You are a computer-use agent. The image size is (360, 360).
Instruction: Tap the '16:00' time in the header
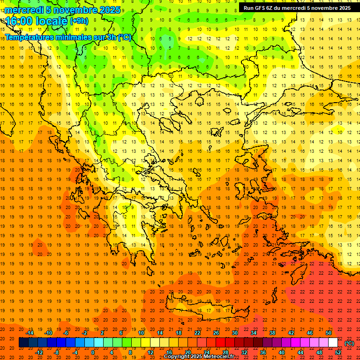point(18,21)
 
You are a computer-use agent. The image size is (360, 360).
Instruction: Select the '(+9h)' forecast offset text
point(78,21)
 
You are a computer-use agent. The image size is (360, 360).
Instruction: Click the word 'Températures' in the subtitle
point(31,37)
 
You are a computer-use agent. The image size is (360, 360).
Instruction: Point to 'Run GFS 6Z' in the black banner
point(259,8)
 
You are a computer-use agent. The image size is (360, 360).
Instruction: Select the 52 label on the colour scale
point(338,352)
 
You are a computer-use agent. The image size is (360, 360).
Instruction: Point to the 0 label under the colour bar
point(93,352)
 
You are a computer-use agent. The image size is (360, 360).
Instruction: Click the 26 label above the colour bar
point(216,332)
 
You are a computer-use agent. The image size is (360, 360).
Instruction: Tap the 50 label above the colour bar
point(329,332)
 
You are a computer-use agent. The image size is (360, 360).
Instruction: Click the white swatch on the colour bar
point(333,343)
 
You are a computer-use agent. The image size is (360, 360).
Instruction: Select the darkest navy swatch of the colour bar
point(23,343)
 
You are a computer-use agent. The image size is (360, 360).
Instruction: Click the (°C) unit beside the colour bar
point(349,343)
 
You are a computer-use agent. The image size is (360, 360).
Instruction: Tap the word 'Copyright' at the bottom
point(177,357)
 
